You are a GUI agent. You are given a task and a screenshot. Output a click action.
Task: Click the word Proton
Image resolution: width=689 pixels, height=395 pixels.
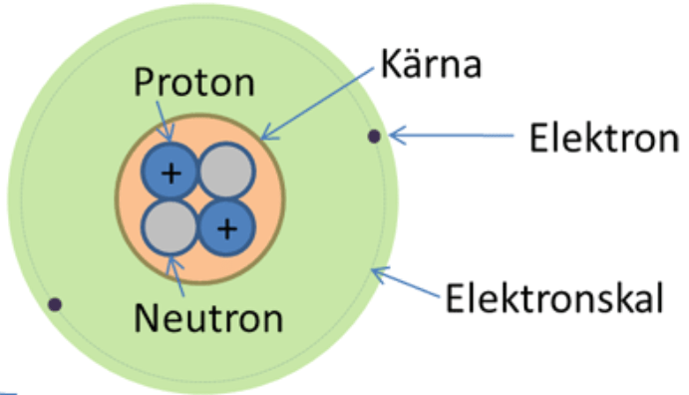click(194, 82)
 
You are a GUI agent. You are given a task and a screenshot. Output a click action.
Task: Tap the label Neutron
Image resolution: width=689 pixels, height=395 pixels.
click(208, 317)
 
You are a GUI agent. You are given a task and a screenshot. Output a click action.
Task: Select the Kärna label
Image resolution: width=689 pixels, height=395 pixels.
click(431, 64)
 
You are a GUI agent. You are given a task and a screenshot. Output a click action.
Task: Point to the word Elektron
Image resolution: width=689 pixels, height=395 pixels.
click(604, 138)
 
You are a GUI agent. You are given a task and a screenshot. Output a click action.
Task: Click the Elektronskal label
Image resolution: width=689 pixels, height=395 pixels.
click(554, 298)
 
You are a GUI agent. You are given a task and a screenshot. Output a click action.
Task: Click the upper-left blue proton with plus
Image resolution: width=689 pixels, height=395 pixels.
click(171, 172)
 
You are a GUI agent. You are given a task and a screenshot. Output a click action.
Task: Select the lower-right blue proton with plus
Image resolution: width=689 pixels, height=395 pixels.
click(226, 227)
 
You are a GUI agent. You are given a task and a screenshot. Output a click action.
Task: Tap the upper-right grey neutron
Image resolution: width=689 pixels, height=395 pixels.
click(226, 172)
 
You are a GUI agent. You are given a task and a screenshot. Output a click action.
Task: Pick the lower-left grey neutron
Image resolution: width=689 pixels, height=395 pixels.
click(171, 227)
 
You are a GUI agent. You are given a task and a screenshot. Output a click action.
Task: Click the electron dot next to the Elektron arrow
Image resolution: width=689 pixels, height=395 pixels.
click(374, 137)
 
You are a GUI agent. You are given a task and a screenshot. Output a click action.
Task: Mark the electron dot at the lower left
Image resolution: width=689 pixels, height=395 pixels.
click(55, 304)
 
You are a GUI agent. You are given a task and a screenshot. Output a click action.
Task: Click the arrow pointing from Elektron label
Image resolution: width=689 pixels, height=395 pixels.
click(452, 136)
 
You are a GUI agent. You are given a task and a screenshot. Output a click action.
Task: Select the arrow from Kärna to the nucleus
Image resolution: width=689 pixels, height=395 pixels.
click(317, 104)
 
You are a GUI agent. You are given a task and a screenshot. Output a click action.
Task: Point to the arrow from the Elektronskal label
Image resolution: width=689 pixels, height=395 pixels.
click(405, 282)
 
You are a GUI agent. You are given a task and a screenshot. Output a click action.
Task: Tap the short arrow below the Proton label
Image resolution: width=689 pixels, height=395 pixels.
click(165, 122)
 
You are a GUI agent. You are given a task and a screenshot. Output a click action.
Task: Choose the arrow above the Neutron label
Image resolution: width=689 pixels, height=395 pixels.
click(175, 276)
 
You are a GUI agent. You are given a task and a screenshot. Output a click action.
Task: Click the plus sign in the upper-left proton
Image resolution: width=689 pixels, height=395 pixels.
click(172, 174)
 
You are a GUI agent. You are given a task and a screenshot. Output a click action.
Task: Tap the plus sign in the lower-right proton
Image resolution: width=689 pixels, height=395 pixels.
click(227, 228)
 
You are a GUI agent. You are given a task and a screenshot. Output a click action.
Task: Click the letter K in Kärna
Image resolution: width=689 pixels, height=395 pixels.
click(391, 65)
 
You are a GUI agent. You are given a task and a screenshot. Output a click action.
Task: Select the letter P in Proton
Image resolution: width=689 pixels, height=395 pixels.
click(144, 82)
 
